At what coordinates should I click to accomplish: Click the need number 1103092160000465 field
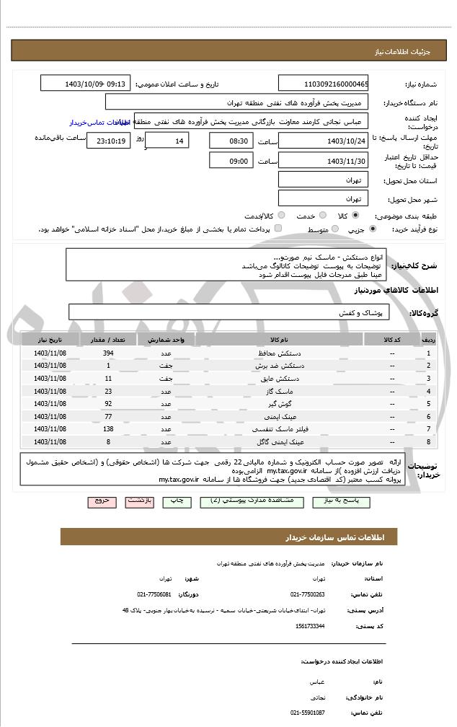(x=322, y=83)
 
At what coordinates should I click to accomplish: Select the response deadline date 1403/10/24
(x=322, y=141)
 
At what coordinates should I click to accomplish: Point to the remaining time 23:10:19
(x=108, y=141)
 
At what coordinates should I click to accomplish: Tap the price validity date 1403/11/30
(x=322, y=161)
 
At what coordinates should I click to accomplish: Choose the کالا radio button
(x=356, y=215)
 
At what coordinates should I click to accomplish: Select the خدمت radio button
(x=322, y=215)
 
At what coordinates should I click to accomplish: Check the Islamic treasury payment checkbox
(x=278, y=229)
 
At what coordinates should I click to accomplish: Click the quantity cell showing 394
(x=108, y=353)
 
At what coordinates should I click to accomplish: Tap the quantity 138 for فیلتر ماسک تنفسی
(x=108, y=428)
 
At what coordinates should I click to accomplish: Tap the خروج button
(x=102, y=500)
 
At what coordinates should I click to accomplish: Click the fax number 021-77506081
(x=154, y=594)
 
